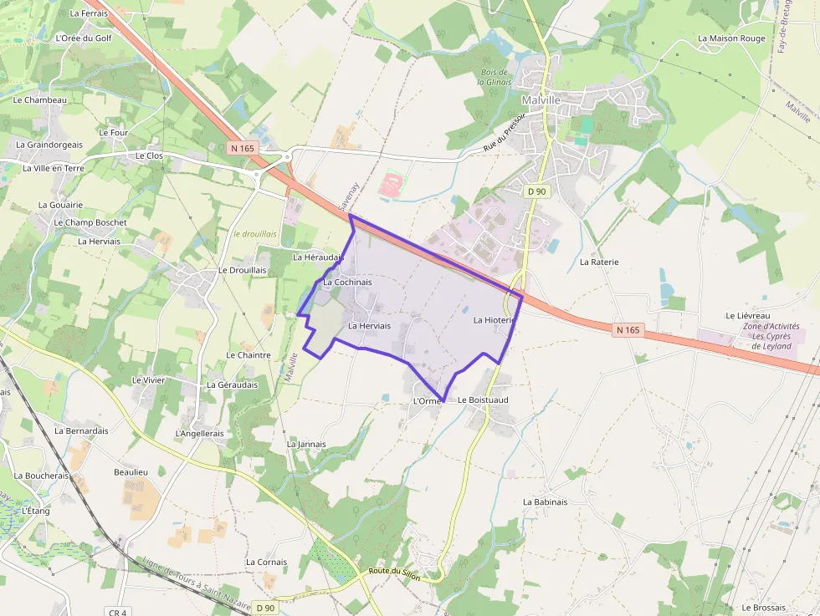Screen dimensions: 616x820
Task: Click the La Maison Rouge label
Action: pyautogui.click(x=731, y=38)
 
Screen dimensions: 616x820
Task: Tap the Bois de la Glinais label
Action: pyautogui.click(x=493, y=77)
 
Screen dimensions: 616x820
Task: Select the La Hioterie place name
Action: pyautogui.click(x=493, y=320)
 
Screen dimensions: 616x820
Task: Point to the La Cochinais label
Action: pyautogui.click(x=347, y=283)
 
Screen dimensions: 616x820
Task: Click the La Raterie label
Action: pyautogui.click(x=599, y=262)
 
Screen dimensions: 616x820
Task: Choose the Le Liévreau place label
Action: pyautogui.click(x=746, y=315)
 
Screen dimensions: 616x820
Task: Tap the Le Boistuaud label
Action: pyautogui.click(x=483, y=400)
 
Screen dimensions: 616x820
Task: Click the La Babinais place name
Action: pyautogui.click(x=545, y=502)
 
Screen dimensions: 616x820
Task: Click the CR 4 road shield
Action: pyautogui.click(x=118, y=613)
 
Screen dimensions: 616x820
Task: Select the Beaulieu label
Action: pyautogui.click(x=131, y=472)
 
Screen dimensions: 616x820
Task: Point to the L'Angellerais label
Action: pyautogui.click(x=200, y=434)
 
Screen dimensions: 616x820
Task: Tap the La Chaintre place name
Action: pyautogui.click(x=249, y=355)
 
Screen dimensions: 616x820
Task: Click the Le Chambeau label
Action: pyautogui.click(x=39, y=99)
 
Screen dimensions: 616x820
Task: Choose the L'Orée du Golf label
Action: pyautogui.click(x=83, y=38)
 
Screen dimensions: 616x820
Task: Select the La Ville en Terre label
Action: pyautogui.click(x=53, y=168)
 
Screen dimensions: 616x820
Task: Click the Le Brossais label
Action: pyautogui.click(x=763, y=608)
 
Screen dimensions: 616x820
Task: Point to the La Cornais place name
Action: pyautogui.click(x=266, y=563)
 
